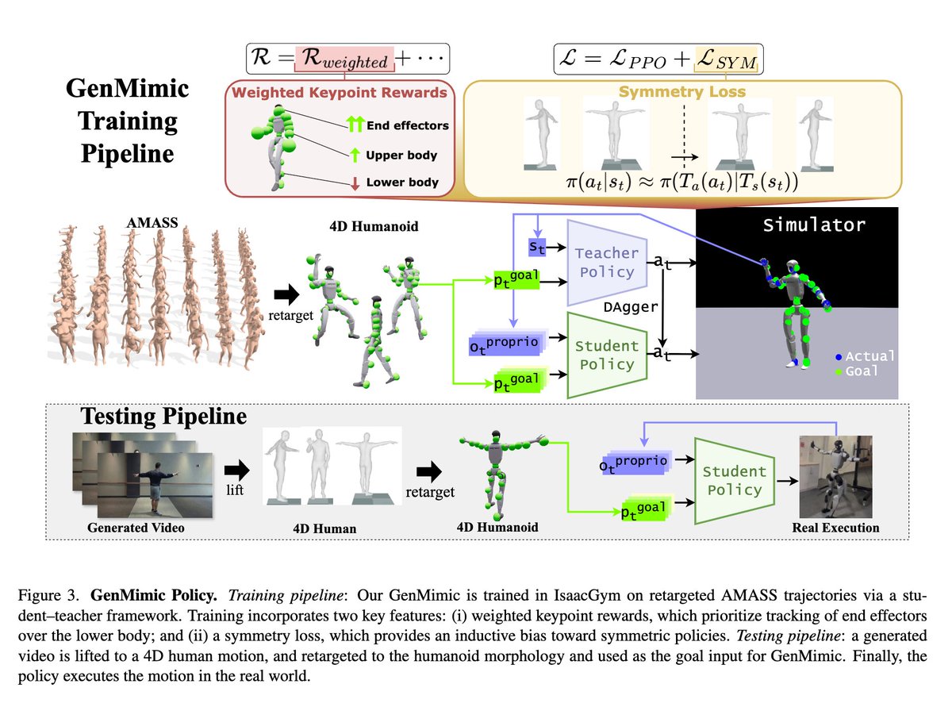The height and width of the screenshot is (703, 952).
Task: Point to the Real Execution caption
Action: [835, 527]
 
